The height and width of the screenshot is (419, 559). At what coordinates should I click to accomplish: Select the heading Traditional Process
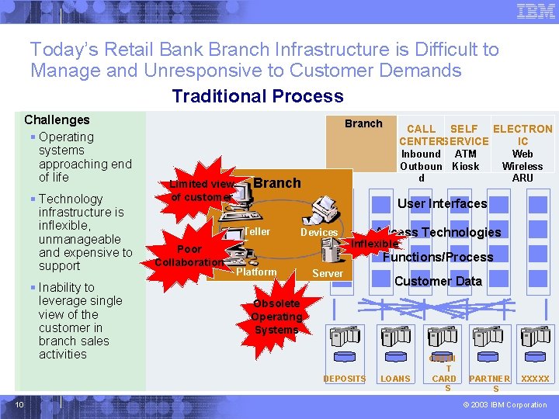pyautogui.click(x=257, y=96)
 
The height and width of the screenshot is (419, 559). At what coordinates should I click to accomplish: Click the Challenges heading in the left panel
pyautogui.click(x=57, y=119)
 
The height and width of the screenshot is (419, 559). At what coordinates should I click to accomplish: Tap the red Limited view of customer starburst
pyautogui.click(x=201, y=190)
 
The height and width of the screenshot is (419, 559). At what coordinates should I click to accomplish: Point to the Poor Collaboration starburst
pyautogui.click(x=189, y=255)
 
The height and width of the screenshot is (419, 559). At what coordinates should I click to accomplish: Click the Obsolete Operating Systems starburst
pyautogui.click(x=276, y=317)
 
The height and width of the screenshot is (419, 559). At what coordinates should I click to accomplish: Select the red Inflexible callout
pyautogui.click(x=374, y=244)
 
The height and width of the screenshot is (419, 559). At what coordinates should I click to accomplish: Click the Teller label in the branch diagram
pyautogui.click(x=256, y=232)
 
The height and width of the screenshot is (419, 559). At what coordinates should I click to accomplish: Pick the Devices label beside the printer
pyautogui.click(x=319, y=233)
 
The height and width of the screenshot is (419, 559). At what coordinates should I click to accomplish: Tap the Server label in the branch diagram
pyautogui.click(x=327, y=273)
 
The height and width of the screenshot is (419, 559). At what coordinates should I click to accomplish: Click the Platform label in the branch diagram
pyautogui.click(x=256, y=272)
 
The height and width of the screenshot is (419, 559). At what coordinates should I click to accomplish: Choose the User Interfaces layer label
pyautogui.click(x=442, y=204)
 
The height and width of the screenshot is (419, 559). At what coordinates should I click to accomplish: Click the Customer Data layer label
pyautogui.click(x=438, y=281)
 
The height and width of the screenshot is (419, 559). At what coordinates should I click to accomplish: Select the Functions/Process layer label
pyautogui.click(x=438, y=257)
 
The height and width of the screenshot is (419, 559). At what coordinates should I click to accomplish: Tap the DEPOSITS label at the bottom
pyautogui.click(x=344, y=379)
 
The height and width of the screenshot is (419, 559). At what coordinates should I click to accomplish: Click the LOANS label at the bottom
pyautogui.click(x=395, y=379)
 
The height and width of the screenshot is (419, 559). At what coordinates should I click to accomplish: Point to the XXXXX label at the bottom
pyautogui.click(x=535, y=379)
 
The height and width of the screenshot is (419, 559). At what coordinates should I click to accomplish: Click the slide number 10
pyautogui.click(x=21, y=404)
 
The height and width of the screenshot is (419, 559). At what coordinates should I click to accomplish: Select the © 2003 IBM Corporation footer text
pyautogui.click(x=505, y=405)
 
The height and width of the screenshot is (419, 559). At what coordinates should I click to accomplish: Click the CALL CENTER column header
pyautogui.click(x=421, y=134)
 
